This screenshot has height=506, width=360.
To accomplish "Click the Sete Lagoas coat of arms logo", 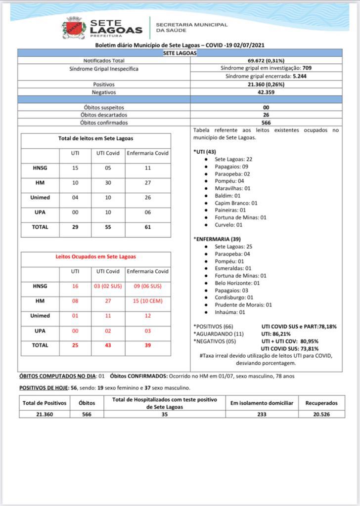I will click(x=74, y=28).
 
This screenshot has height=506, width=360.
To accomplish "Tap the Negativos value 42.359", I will click(x=266, y=92).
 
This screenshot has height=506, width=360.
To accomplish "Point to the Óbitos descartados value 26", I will click(x=266, y=115).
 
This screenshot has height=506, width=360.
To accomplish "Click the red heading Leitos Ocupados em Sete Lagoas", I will click(x=95, y=257).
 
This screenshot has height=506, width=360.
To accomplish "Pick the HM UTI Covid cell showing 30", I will click(x=107, y=183).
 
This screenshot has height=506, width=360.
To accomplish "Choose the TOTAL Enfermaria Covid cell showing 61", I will click(x=148, y=227).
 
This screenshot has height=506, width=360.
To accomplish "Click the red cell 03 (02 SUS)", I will click(x=107, y=286).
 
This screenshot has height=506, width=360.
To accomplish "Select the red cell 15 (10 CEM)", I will click(x=148, y=300).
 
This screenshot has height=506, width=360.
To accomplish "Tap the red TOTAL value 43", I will click(x=107, y=345).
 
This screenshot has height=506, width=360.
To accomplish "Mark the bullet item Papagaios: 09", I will click(x=231, y=167).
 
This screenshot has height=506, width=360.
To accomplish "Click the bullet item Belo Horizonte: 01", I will click(x=237, y=283).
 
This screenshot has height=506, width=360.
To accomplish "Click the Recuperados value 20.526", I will click(x=321, y=414).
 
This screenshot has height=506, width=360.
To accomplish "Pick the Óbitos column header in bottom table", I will click(x=87, y=403).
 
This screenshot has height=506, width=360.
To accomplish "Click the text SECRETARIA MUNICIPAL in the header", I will click(x=191, y=24).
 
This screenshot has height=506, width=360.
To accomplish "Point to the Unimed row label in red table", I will click(x=40, y=315).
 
